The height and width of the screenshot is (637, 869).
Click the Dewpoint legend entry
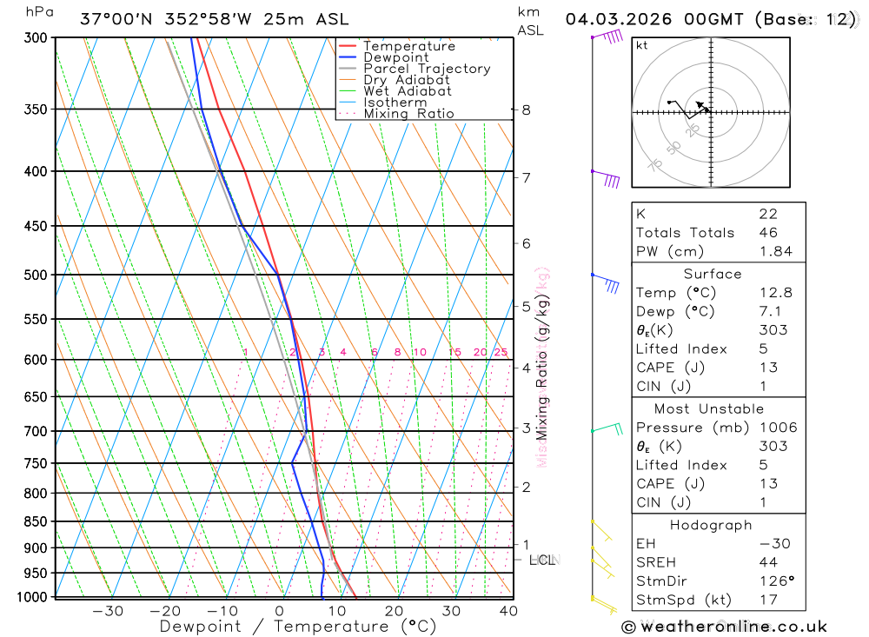(x=395, y=57)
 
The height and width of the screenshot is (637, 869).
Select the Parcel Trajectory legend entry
(x=426, y=69)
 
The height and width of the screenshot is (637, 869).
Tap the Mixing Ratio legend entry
(x=408, y=113)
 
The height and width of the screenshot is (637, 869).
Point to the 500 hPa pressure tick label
(x=36, y=275)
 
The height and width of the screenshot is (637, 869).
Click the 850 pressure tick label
(x=36, y=521)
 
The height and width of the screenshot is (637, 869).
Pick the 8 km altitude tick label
(x=527, y=109)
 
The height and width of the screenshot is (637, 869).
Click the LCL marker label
(x=542, y=560)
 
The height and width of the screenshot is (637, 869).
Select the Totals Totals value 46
(x=767, y=232)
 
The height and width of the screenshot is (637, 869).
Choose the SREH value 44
(x=767, y=562)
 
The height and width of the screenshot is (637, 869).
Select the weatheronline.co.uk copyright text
(x=724, y=627)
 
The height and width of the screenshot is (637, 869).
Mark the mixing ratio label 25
(x=501, y=352)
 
